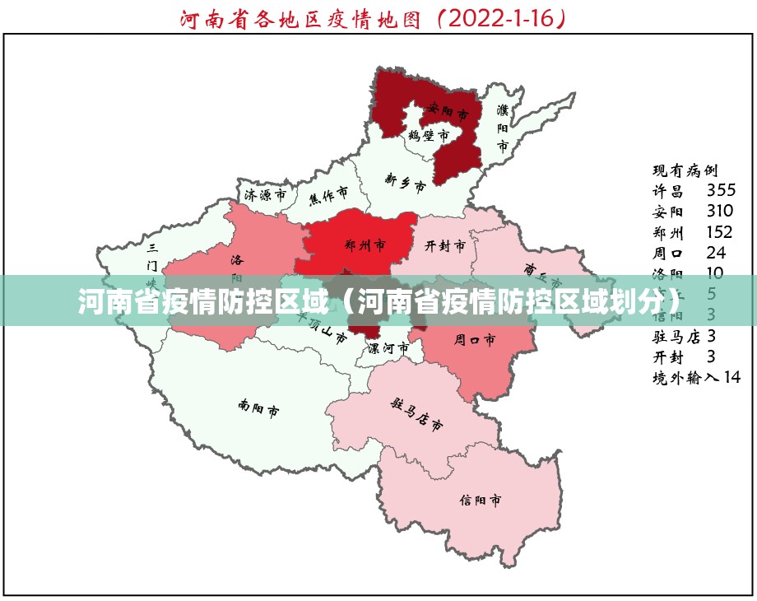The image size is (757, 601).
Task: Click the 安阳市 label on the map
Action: pos(448,109)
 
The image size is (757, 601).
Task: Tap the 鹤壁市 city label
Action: pos(429,134)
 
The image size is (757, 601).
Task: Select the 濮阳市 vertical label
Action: pos(503,128)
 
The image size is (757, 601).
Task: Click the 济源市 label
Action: pos(265,195)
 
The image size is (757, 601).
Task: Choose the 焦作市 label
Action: pos(328,195)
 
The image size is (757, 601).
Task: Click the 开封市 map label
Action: pos(445,245)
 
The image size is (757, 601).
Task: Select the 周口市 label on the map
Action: pos(475,338)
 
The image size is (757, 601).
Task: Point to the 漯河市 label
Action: pos(388,348)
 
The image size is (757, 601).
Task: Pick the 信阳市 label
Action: pos(481,500)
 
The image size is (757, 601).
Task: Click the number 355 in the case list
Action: pos(721,191)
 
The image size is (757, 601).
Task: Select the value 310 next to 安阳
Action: pos(720,212)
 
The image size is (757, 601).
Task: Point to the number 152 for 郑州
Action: pos(719,232)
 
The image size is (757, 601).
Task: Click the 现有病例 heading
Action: pos(685,170)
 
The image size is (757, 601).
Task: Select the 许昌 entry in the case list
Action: pos(668,191)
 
